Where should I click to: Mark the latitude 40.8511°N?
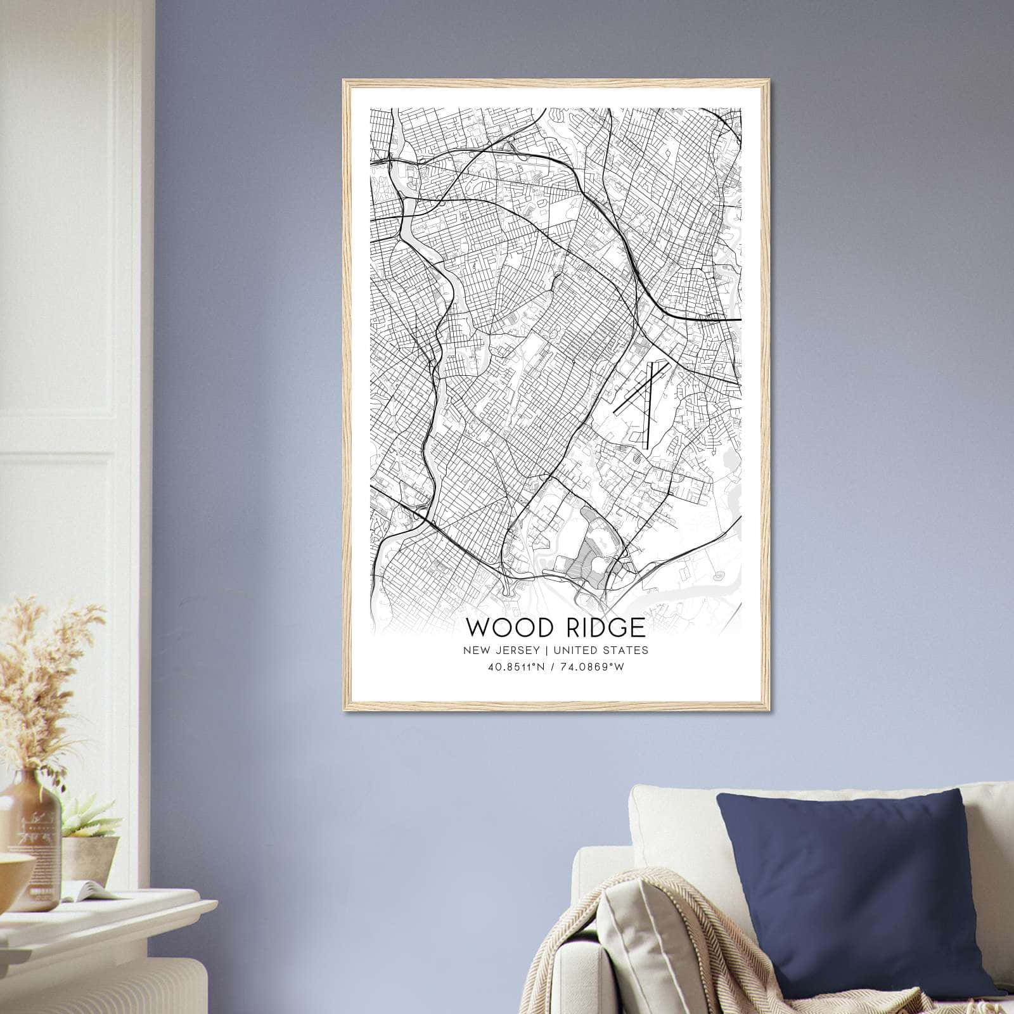516,667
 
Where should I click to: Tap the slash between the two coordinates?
553,667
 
